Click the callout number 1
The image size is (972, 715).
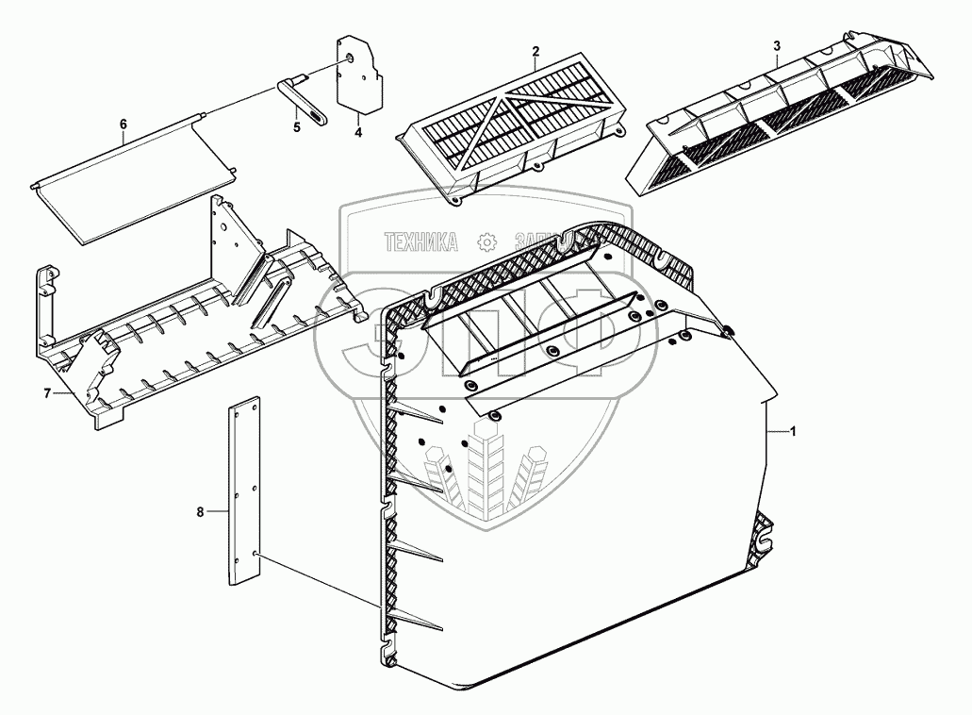point(793,431)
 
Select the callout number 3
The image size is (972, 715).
point(776,45)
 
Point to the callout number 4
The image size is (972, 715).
point(358,132)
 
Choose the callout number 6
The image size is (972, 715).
point(123,125)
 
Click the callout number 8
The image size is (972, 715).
point(200,511)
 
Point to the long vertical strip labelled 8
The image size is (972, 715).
point(245,495)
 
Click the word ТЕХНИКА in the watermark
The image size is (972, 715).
point(420,243)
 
